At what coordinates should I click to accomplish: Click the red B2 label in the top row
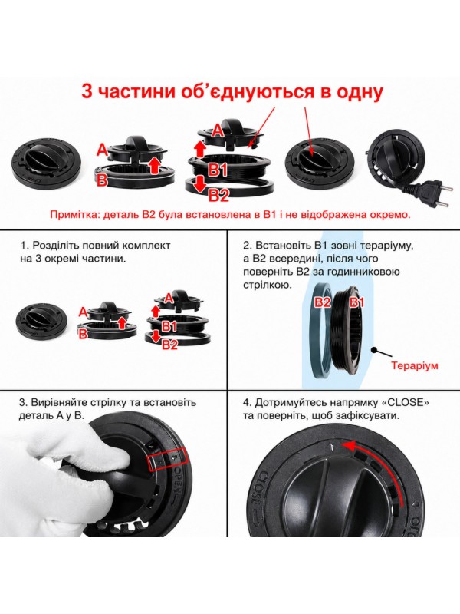(x=219, y=195)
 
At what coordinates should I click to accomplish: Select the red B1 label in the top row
(x=218, y=170)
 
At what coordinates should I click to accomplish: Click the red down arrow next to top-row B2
(x=200, y=184)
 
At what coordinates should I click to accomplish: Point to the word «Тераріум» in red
(x=415, y=366)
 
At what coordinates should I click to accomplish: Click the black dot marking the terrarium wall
(x=374, y=349)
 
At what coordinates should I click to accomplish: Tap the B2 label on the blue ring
(x=323, y=302)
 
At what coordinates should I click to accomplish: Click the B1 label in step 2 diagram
(x=356, y=302)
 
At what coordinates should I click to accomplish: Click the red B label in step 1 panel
(x=83, y=334)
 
